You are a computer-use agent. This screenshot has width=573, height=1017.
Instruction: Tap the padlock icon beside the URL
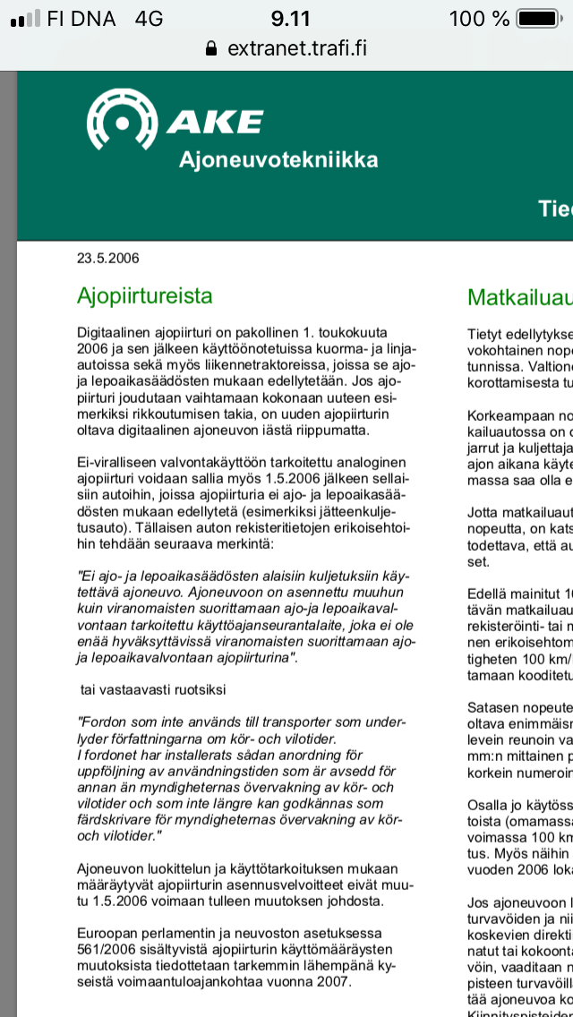pos(211,48)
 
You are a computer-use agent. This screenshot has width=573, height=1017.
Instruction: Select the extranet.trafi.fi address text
pos(296,48)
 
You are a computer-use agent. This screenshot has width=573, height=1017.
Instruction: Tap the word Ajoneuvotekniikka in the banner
pos(278,160)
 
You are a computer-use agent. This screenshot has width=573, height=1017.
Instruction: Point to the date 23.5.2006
pos(107,260)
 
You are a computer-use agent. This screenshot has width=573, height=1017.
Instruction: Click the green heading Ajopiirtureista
pos(144,295)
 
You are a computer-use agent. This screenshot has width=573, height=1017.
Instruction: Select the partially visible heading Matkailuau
pos(519,298)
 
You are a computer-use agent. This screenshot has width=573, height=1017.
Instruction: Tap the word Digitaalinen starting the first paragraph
pos(113,333)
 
